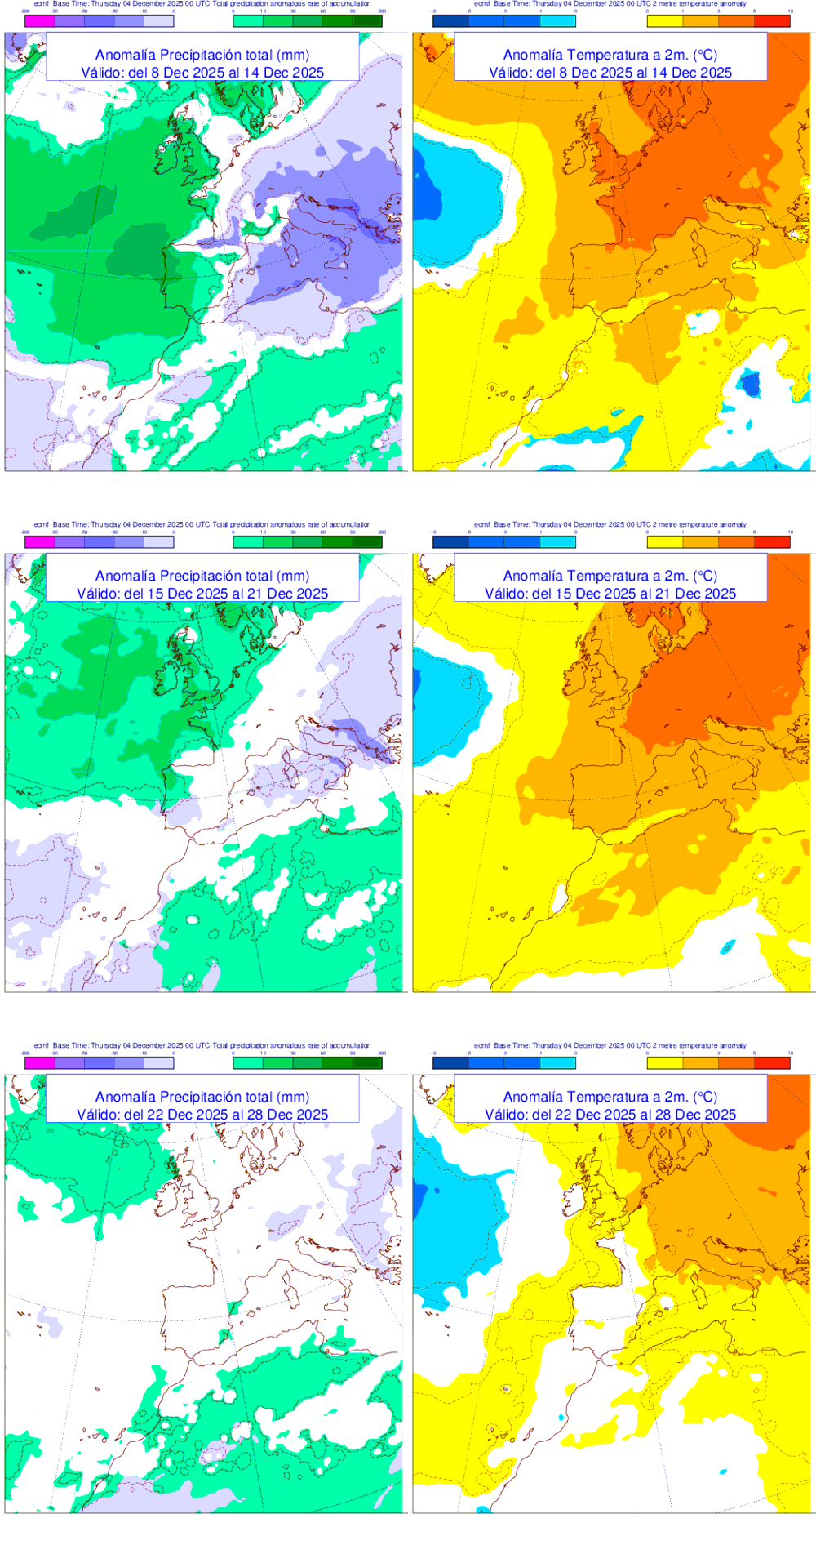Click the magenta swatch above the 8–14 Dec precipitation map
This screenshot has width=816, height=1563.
[x=40, y=21]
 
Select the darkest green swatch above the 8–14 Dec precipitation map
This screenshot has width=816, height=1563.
[x=367, y=21]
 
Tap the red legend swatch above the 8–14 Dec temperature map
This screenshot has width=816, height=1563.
[x=772, y=21]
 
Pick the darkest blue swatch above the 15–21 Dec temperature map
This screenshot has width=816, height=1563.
[x=450, y=541]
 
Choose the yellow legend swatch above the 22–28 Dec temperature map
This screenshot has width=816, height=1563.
[x=664, y=1062]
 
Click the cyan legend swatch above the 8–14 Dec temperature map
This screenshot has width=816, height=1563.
[x=557, y=21]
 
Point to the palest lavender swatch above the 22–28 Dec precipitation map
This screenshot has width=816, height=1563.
[x=158, y=1062]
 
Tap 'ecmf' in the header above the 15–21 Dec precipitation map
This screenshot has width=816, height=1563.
[x=41, y=524]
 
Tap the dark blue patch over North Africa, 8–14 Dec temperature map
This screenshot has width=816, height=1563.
[x=748, y=383]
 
